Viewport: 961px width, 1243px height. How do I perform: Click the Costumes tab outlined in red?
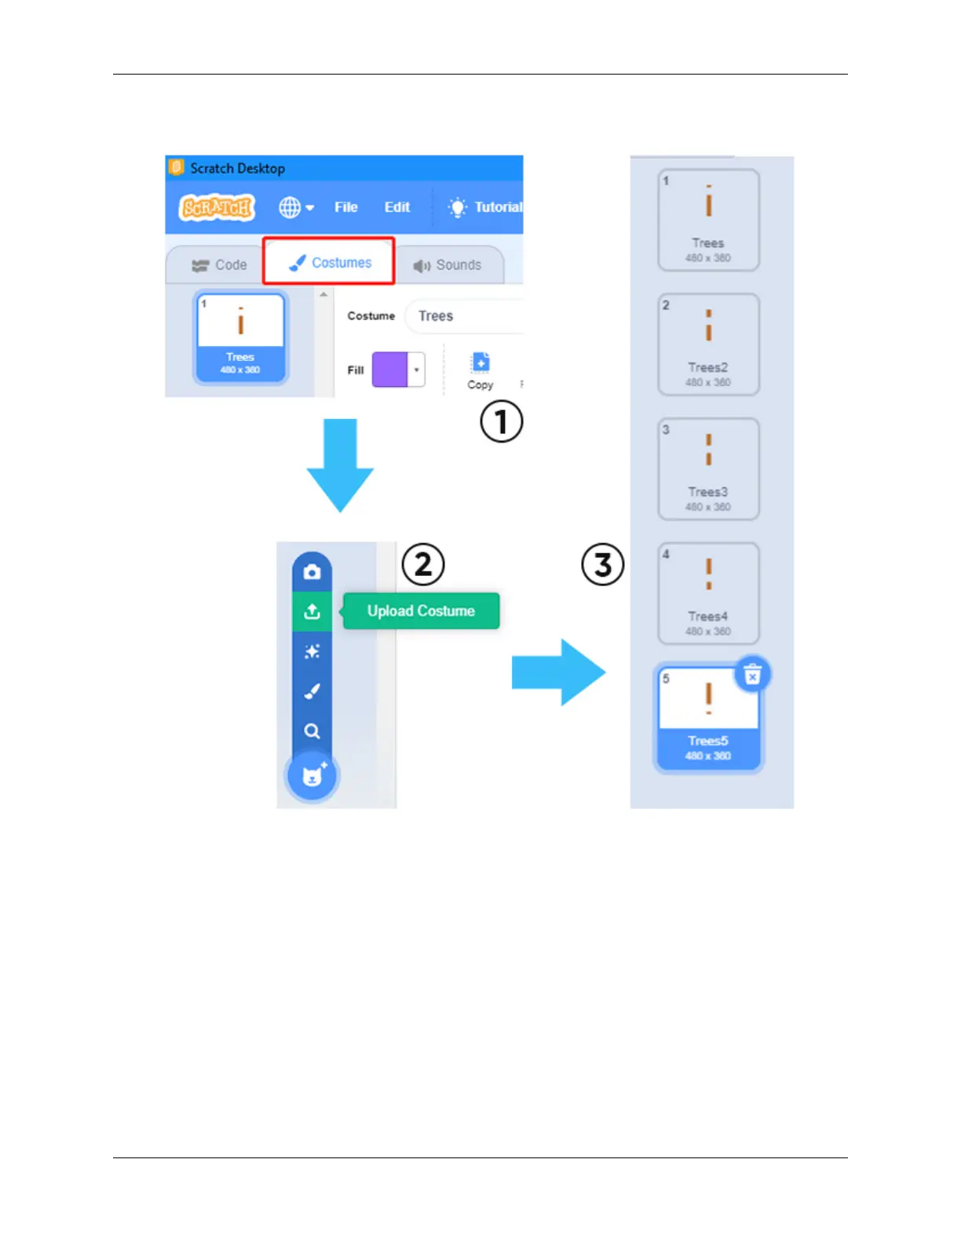click(x=329, y=262)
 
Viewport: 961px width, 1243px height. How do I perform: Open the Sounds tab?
click(x=448, y=265)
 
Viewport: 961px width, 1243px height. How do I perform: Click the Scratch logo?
click(x=217, y=207)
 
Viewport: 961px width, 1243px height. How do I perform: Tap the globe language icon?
click(x=290, y=207)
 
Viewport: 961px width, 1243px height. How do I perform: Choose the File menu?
click(x=345, y=207)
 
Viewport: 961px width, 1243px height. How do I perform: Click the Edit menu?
click(x=396, y=207)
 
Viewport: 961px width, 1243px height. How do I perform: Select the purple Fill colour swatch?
click(x=390, y=370)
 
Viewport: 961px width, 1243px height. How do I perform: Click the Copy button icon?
click(x=480, y=363)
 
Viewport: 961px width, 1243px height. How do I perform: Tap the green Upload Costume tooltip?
click(x=421, y=611)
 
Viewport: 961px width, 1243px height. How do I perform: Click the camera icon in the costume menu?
click(x=312, y=572)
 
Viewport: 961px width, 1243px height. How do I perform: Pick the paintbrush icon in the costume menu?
click(x=312, y=691)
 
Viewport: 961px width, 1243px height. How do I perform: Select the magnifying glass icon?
click(x=312, y=731)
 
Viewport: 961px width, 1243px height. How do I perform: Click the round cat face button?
click(x=312, y=776)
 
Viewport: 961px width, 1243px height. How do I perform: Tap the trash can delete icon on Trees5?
click(x=752, y=674)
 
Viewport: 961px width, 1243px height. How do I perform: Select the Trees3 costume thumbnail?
click(x=708, y=468)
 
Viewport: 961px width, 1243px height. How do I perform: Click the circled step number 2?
click(x=423, y=564)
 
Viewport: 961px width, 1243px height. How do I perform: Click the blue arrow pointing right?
click(x=558, y=673)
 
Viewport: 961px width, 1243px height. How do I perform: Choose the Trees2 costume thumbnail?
click(x=708, y=344)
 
